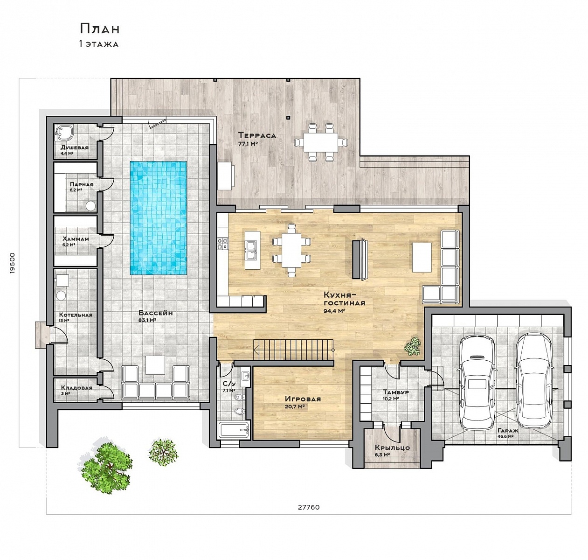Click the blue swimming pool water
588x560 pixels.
(x=158, y=218)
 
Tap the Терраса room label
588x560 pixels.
(x=257, y=135)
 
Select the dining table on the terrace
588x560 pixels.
(x=321, y=142)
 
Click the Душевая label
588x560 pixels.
(x=75, y=147)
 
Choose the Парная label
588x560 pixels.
(x=82, y=184)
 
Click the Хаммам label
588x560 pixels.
(x=76, y=239)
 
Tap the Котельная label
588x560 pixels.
(x=76, y=315)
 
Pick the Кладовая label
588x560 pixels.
(x=76, y=388)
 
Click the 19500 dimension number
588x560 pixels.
(x=12, y=263)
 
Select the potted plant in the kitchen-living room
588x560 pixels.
(x=412, y=346)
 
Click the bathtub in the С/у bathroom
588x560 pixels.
(x=234, y=430)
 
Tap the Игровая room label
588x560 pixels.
(x=303, y=399)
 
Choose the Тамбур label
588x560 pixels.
(x=396, y=392)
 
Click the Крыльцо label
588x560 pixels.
(x=392, y=448)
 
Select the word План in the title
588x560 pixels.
(x=100, y=29)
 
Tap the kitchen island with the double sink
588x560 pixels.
(x=252, y=250)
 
